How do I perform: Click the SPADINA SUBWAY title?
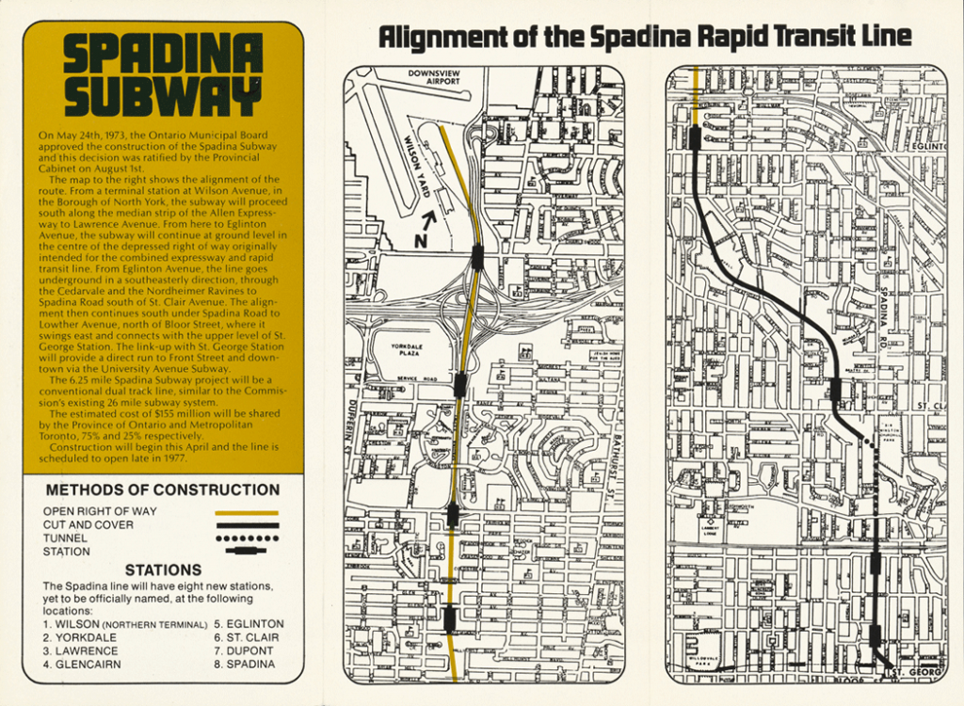point(162,76)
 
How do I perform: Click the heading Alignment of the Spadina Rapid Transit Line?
point(644,37)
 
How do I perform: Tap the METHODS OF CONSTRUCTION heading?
point(162,489)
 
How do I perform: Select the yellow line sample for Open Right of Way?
point(248,512)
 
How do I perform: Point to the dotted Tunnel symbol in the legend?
point(248,538)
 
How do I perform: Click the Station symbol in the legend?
point(248,551)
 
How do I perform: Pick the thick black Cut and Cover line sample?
point(248,525)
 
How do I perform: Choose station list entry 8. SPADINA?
point(244,664)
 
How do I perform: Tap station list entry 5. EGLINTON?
point(249,624)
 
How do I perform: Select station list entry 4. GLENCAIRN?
point(81,664)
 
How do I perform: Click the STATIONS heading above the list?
point(163,570)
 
